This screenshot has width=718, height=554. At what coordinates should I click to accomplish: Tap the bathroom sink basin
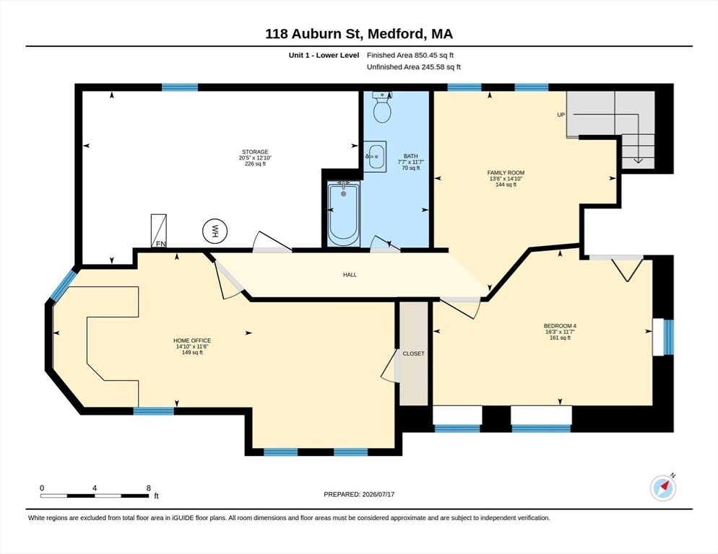tap(375, 157)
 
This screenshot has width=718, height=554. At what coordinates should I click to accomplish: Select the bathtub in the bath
tap(343, 214)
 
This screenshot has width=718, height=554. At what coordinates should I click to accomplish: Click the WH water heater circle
tap(215, 232)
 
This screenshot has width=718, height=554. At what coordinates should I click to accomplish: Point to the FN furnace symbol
tap(159, 231)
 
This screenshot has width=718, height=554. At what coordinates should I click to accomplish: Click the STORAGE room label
tap(255, 152)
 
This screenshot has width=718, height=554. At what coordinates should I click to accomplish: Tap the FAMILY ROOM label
tap(506, 173)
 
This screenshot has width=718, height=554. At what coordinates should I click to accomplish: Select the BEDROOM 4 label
tap(560, 326)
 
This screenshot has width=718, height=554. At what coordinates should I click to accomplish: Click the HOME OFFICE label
tap(192, 340)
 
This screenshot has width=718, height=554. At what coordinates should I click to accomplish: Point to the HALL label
tap(350, 275)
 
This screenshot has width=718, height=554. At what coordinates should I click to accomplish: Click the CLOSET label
tap(413, 353)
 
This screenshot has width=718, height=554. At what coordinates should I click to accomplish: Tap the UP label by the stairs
tap(561, 115)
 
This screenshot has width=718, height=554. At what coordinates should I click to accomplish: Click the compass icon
tap(663, 488)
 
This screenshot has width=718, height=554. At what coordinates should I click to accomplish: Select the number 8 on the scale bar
tap(148, 488)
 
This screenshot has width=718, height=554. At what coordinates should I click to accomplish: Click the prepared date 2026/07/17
tap(379, 495)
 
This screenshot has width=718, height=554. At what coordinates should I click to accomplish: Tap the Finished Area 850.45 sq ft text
tap(410, 56)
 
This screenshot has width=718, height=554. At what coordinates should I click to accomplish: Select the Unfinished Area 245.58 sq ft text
tap(414, 67)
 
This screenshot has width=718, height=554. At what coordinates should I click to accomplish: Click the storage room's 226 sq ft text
tap(255, 164)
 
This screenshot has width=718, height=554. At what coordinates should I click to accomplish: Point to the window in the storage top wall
tap(180, 87)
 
